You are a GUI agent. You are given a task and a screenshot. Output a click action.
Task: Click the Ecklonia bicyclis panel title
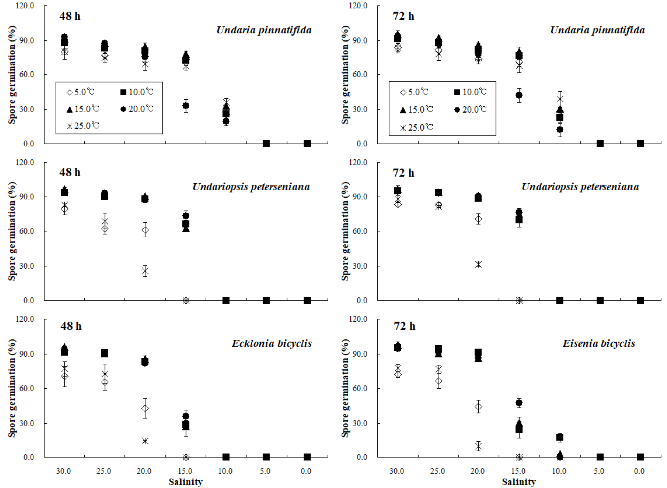pyautogui.click(x=271, y=343)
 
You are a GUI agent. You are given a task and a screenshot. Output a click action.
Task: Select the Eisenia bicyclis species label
pyautogui.click(x=598, y=343)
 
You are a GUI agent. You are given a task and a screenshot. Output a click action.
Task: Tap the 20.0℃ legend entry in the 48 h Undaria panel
pyautogui.click(x=137, y=109)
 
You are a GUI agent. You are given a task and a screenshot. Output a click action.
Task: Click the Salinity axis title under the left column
pyautogui.click(x=186, y=482)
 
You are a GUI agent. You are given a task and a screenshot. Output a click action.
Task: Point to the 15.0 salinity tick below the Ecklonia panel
pyautogui.click(x=185, y=471)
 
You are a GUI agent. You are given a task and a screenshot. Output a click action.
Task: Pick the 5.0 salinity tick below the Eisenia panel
pyautogui.click(x=599, y=471)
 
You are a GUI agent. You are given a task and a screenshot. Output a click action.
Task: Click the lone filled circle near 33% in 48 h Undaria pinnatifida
pyautogui.click(x=186, y=106)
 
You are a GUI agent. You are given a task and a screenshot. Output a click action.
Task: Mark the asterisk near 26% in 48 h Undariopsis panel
pyautogui.click(x=145, y=271)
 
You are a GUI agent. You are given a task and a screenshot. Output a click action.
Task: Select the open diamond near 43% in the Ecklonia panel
pyautogui.click(x=145, y=408)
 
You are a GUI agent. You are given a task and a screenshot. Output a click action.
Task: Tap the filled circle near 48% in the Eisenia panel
pyautogui.click(x=519, y=403)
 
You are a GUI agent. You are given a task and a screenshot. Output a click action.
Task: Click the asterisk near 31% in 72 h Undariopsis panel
pyautogui.click(x=478, y=264)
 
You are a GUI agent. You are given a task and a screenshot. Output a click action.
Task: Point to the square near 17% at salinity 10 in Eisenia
pyautogui.click(x=560, y=437)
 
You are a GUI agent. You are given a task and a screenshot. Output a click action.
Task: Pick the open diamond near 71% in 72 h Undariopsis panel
pyautogui.click(x=478, y=219)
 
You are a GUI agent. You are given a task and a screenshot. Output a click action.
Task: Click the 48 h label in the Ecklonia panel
pyautogui.click(x=71, y=326)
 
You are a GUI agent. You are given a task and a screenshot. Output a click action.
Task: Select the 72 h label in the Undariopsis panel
pyautogui.click(x=403, y=173)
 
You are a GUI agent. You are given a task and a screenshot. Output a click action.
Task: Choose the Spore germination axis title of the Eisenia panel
pyautogui.click(x=345, y=388)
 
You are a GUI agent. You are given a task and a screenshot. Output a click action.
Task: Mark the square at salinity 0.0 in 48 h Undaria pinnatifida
pyautogui.click(x=307, y=144)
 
